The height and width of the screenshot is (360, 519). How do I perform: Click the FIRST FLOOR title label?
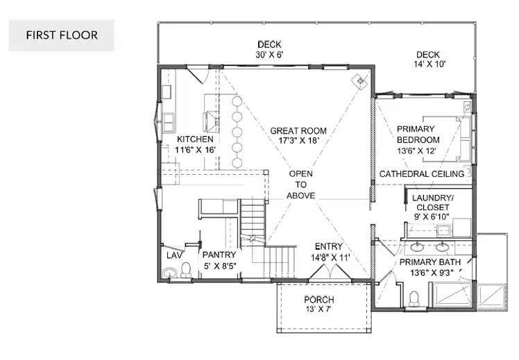tap(62, 35)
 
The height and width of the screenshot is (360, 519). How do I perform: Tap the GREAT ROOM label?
tap(298, 131)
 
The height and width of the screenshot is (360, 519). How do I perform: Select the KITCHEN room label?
tap(195, 139)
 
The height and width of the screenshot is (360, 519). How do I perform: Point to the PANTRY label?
tap(219, 255)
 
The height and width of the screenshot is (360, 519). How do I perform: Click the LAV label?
tap(174, 255)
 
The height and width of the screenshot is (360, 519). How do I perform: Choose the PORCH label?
tap(319, 300)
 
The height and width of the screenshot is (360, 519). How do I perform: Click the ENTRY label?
tap(329, 246)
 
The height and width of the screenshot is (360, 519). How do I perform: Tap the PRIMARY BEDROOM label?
tap(418, 135)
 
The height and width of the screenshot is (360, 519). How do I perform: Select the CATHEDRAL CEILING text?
tap(422, 174)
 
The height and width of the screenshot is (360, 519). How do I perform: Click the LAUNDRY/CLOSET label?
tap(432, 203)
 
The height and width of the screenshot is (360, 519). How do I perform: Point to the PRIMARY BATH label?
tap(430, 262)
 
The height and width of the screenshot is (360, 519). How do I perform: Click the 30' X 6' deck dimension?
tap(269, 55)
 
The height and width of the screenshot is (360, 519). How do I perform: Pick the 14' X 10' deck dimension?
tap(429, 65)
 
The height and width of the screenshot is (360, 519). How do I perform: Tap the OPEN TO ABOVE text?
tap(300, 185)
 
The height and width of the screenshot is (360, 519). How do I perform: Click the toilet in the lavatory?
tap(187, 270)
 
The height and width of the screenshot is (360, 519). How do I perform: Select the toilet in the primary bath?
tap(414, 299)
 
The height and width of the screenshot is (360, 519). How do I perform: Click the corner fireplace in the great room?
tap(360, 80)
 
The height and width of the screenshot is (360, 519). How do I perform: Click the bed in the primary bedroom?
tap(447, 139)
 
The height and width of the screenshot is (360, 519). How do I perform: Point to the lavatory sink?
tap(170, 273)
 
